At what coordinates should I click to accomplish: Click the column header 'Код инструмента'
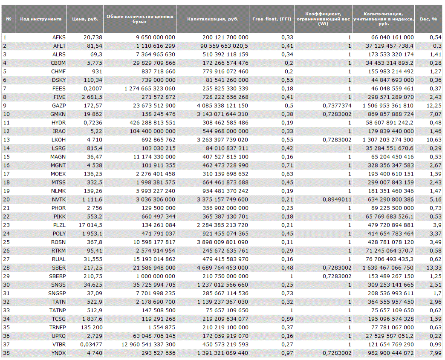pos(40,19)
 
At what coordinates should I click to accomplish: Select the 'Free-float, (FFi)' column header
pos(272,19)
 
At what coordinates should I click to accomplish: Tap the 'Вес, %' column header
pos(428,19)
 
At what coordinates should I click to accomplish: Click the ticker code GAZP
pos(59,106)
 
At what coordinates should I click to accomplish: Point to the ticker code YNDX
pos(58,353)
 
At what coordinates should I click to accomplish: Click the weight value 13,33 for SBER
pos(433,268)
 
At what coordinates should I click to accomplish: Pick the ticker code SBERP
pos(57,276)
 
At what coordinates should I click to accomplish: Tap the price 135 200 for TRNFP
pos(91,327)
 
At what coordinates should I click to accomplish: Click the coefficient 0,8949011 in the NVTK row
pos(337,199)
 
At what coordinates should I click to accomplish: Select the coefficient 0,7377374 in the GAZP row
pos(337,106)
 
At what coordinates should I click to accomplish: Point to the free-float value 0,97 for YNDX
pos(287,353)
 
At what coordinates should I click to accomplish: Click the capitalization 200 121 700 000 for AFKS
pos(225,37)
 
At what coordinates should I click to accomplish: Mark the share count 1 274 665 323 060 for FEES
pos(150,89)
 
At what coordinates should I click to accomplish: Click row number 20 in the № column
pos(6,199)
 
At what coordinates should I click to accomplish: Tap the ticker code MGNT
pos(58,165)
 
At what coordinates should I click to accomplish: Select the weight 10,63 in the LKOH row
pos(433,140)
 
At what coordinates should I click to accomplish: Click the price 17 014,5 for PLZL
pos(90,225)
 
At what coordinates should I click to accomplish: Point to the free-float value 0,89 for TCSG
pos(287,319)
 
